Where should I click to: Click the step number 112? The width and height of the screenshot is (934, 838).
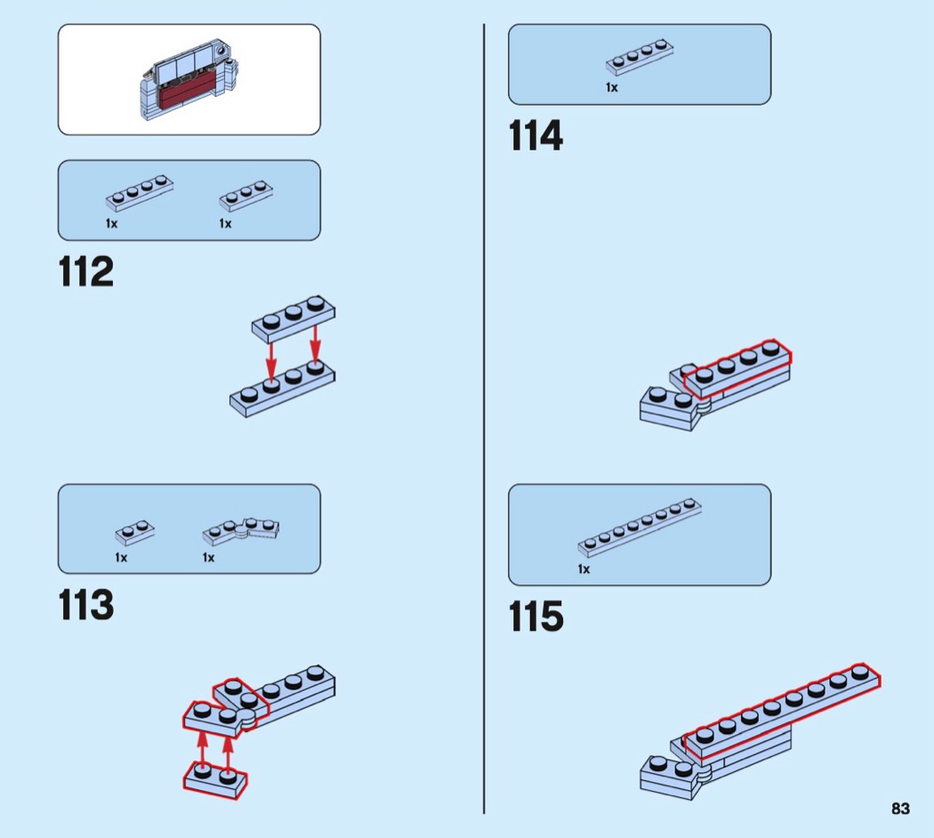click(x=86, y=272)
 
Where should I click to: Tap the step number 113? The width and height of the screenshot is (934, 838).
click(x=86, y=606)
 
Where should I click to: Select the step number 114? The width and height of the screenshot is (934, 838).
click(x=535, y=137)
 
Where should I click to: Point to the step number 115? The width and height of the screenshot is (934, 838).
click(x=535, y=616)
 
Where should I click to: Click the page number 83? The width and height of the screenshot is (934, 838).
click(x=900, y=809)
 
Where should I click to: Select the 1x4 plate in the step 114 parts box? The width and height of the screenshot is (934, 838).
click(x=638, y=56)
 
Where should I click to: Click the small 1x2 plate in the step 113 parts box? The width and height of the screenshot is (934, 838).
click(x=134, y=531)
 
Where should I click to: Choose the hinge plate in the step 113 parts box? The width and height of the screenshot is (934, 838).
click(x=242, y=530)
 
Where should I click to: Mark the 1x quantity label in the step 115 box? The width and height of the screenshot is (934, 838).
click(x=584, y=569)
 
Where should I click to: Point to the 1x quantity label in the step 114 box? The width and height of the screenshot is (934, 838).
click(x=612, y=88)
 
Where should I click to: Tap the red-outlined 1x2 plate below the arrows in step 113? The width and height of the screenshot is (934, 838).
click(x=215, y=778)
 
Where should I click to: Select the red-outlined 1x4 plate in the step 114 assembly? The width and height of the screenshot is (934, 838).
click(x=737, y=366)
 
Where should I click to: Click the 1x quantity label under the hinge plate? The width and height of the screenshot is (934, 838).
click(x=208, y=558)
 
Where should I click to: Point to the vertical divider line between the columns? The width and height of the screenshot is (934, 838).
click(x=484, y=418)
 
